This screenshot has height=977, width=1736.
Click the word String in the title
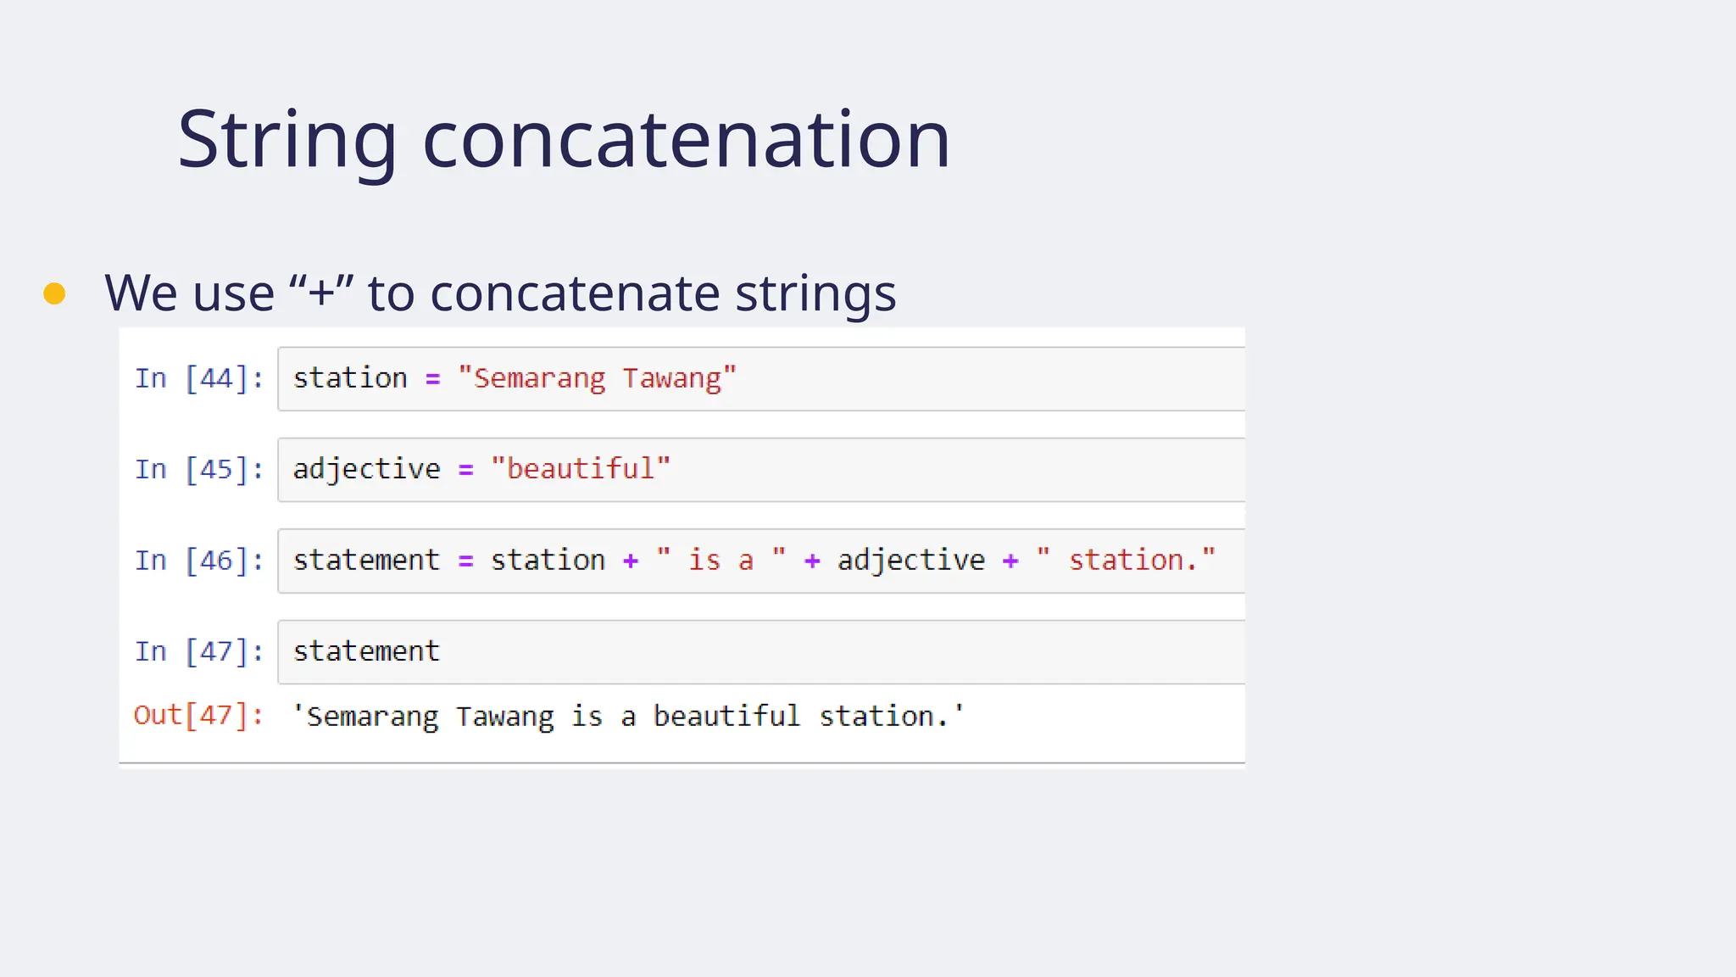coord(287,141)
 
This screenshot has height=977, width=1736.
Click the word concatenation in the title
coord(686,141)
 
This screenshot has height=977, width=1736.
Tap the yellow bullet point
coord(54,293)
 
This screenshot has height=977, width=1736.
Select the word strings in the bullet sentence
coord(815,293)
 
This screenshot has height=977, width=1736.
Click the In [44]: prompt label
coord(198,378)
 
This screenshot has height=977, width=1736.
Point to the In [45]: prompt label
coord(198,469)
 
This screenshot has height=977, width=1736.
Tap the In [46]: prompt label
coord(198,561)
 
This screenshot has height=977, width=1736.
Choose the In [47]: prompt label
coord(198,651)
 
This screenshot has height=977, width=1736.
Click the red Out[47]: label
coord(198,715)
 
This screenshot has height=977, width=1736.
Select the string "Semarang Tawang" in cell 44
coord(597,378)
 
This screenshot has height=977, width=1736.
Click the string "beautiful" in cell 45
coord(581,469)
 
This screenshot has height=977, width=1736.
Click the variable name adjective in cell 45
coord(366,469)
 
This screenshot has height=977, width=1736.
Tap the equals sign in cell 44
coord(432,379)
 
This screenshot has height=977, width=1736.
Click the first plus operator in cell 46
coord(630,561)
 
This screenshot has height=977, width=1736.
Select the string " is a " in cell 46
coord(721,561)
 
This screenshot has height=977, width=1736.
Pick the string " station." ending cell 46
coord(1126,561)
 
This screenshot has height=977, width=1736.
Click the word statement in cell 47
coord(366,651)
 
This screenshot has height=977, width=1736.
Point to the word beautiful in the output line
coord(726,717)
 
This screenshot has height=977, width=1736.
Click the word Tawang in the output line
coord(504,717)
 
